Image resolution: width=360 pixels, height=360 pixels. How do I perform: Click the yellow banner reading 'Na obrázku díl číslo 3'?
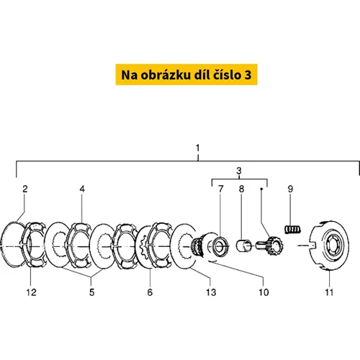(x=186, y=74)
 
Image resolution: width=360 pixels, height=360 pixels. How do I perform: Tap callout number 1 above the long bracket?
(x=197, y=148)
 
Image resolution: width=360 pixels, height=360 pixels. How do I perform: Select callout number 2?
(x=25, y=189)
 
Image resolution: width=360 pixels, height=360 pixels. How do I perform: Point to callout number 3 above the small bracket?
(x=239, y=171)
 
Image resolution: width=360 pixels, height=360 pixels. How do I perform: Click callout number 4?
(x=82, y=189)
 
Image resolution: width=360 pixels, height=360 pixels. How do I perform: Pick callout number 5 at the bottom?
(x=92, y=292)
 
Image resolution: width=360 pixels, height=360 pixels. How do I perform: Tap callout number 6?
(x=150, y=292)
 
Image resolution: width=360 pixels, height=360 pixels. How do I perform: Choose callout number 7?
(x=221, y=189)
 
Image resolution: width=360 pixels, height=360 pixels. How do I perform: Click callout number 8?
(x=241, y=189)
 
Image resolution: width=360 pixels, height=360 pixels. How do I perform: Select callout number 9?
(x=290, y=189)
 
